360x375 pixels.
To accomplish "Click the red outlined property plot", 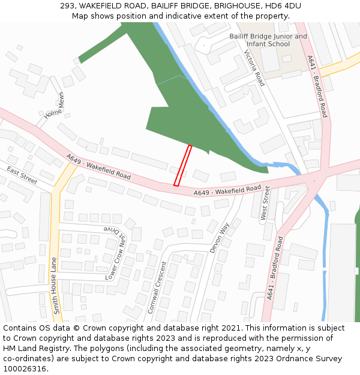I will [x=183, y=165].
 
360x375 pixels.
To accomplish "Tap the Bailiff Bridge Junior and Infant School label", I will [x=268, y=40].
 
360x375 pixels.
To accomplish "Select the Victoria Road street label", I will [x=254, y=68].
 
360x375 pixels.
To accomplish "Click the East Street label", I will [x=22, y=175].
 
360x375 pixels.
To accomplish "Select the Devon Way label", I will [x=220, y=238].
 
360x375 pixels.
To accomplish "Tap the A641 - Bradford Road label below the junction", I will [x=275, y=268].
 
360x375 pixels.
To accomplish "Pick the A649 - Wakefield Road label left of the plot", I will [x=98, y=167].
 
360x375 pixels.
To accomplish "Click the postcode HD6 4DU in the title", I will [x=282, y=6].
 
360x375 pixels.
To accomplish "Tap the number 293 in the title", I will [x=67, y=6].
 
